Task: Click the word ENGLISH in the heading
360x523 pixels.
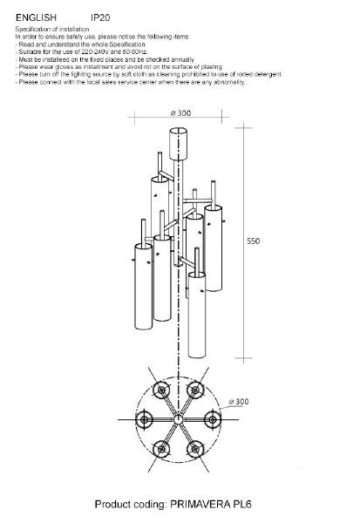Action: [x=36, y=17]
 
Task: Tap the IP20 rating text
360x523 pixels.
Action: [x=100, y=17]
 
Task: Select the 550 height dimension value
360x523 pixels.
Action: [x=254, y=241]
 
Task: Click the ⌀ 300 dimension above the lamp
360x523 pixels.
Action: [x=180, y=113]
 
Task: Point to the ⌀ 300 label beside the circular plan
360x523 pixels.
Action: [x=239, y=402]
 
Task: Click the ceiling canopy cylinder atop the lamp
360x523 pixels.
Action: [x=179, y=144]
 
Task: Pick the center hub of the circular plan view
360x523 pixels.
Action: [x=178, y=419]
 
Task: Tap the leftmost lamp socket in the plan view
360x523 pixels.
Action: [x=144, y=419]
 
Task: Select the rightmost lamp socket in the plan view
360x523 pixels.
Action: [x=212, y=419]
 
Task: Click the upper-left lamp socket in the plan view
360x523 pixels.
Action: [x=161, y=390]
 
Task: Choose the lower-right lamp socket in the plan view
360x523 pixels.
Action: [x=195, y=449]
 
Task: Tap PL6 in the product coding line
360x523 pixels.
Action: [x=244, y=504]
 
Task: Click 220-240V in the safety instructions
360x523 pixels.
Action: [x=93, y=51]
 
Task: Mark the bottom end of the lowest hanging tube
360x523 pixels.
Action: [x=197, y=357]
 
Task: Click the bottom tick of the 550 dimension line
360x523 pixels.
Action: [x=243, y=358]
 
